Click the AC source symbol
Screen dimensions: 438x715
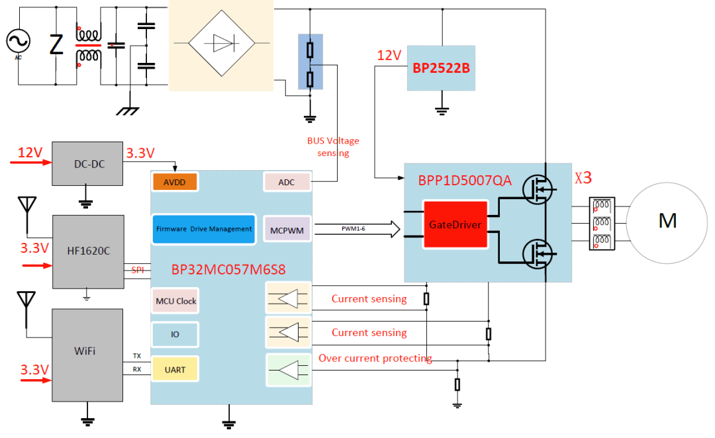pyautogui.click(x=19, y=42)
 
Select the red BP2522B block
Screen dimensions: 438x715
pyautogui.click(x=441, y=67)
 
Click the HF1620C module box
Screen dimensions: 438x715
pyautogui.click(x=88, y=251)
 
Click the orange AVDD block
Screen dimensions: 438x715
pyautogui.click(x=175, y=182)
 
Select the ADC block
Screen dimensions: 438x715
pyautogui.click(x=287, y=182)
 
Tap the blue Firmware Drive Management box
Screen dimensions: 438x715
pyautogui.click(x=203, y=228)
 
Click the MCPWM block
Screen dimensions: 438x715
pyautogui.click(x=287, y=229)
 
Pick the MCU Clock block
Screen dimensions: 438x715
pyautogui.click(x=175, y=301)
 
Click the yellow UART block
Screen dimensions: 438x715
pyautogui.click(x=175, y=369)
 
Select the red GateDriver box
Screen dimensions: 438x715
pyautogui.click(x=454, y=224)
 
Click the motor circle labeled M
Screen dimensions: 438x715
pyautogui.click(x=667, y=221)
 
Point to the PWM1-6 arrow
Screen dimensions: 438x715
pyautogui.click(x=358, y=229)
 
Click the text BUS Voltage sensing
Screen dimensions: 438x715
pyautogui.click(x=332, y=147)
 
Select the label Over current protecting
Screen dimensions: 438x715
pyautogui.click(x=375, y=359)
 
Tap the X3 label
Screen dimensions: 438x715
pyautogui.click(x=583, y=178)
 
